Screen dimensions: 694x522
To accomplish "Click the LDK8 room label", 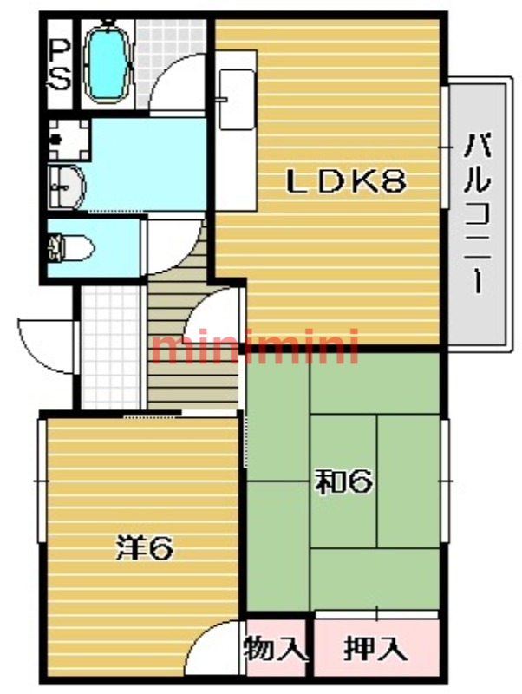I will [x=347, y=181].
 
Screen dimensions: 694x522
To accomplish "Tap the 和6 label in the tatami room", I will [x=344, y=481].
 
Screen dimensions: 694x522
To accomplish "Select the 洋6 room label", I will [x=147, y=547].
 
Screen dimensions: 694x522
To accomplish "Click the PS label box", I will [x=58, y=64].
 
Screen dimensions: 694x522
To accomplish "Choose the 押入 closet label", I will [x=375, y=648].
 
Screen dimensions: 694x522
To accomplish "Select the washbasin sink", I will [x=66, y=183].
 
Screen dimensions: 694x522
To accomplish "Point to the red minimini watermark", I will [x=256, y=347].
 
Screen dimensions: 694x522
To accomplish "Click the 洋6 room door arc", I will [x=212, y=646].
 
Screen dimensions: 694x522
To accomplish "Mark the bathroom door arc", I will [x=178, y=82].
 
